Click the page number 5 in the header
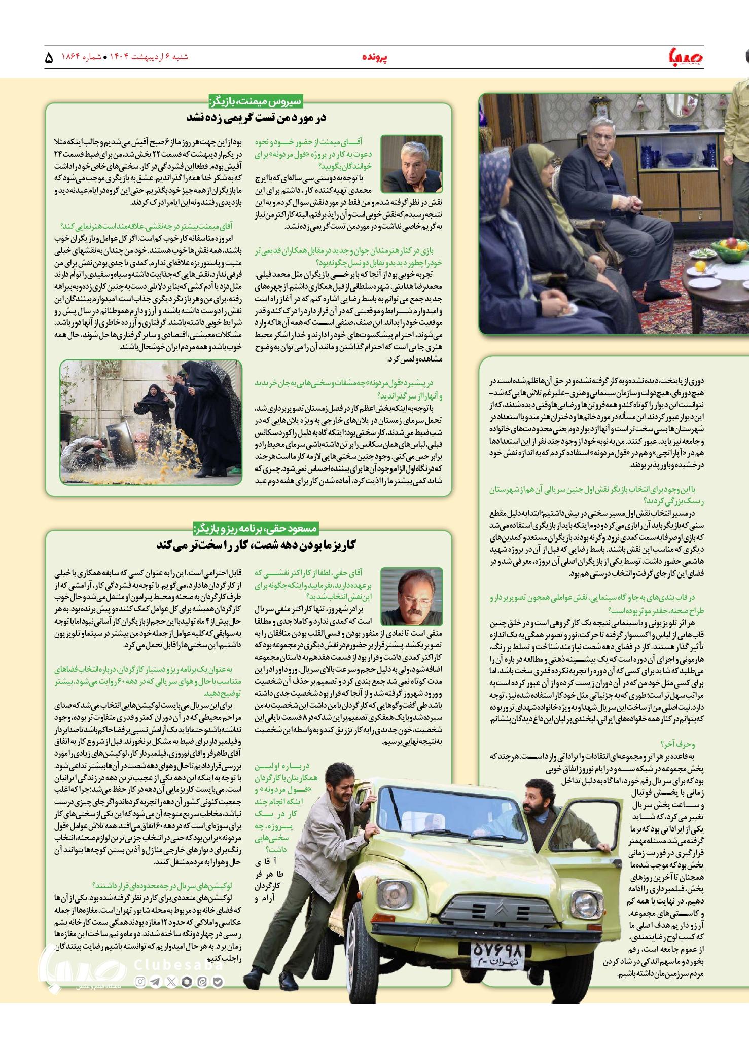pos(49,58)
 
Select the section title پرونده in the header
pos(376,57)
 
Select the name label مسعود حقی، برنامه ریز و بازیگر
pos(256,528)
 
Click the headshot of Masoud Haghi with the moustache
pos(404,597)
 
